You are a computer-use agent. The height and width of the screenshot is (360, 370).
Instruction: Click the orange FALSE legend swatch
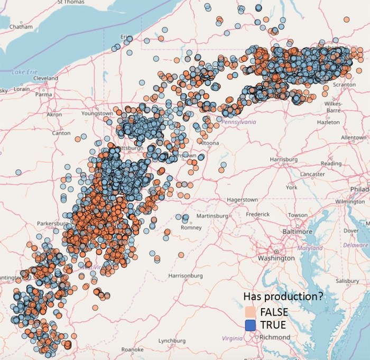click(x=251, y=311)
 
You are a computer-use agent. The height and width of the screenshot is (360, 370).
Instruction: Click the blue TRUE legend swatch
click(x=251, y=325)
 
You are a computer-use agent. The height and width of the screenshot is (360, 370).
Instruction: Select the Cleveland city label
click(x=45, y=78)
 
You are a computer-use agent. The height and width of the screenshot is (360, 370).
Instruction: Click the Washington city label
click(x=276, y=259)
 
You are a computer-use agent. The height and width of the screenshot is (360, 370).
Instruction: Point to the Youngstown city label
click(x=97, y=114)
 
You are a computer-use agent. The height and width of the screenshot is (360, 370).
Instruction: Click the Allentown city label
click(x=354, y=137)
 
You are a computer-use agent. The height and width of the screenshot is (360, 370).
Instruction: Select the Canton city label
click(x=62, y=133)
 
